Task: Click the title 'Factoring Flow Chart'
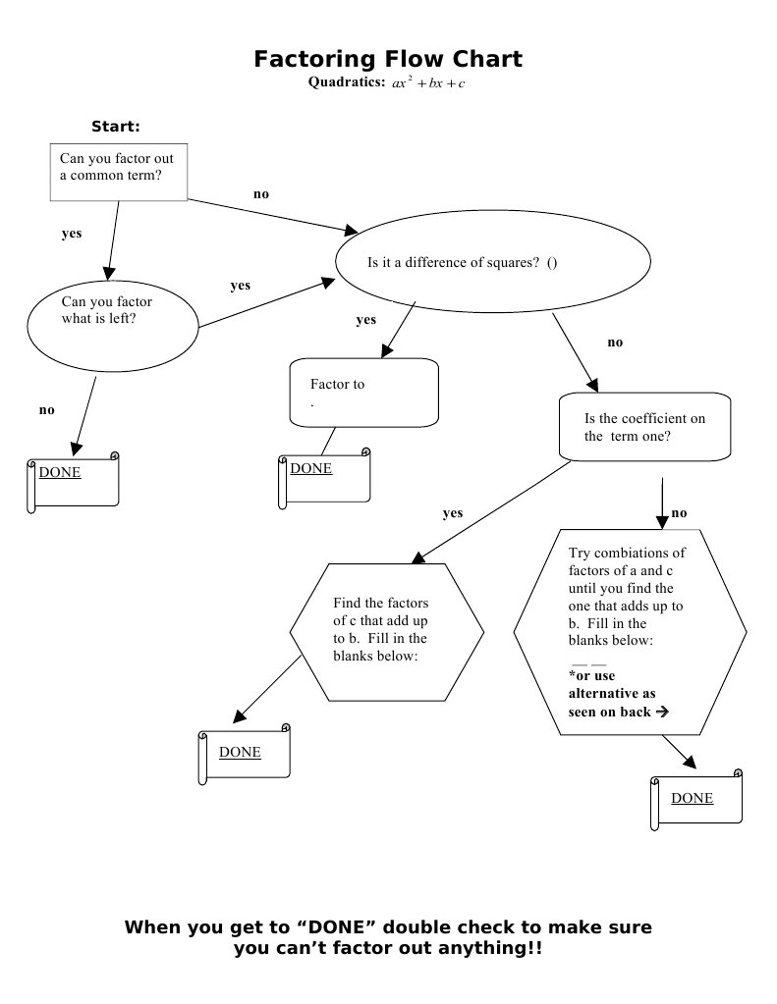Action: click(x=388, y=59)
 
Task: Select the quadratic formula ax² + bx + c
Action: click(x=427, y=83)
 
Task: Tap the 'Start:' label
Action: click(x=115, y=127)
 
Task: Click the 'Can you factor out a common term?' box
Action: click(x=118, y=172)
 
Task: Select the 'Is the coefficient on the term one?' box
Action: click(x=644, y=427)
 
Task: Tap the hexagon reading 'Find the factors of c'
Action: click(x=386, y=630)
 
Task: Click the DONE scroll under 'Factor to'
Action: click(x=324, y=479)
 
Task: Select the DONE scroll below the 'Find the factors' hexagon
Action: click(x=245, y=756)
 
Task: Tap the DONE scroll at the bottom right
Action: click(x=696, y=802)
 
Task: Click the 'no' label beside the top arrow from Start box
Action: click(x=260, y=194)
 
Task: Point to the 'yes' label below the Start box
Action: click(x=72, y=234)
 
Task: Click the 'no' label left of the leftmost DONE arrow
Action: click(x=46, y=410)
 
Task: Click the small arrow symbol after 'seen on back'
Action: click(x=662, y=712)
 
